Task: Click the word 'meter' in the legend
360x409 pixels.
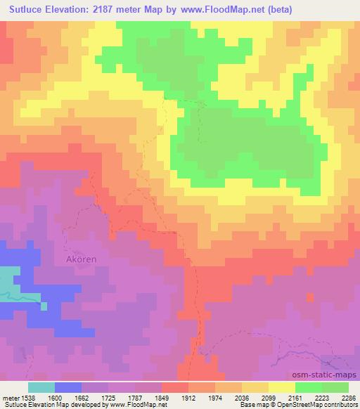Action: [x=11, y=397]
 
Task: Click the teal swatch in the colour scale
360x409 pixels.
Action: [x=42, y=387]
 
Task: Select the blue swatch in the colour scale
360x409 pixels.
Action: [x=69, y=387]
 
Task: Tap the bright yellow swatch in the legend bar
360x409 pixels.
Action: [x=282, y=387]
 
